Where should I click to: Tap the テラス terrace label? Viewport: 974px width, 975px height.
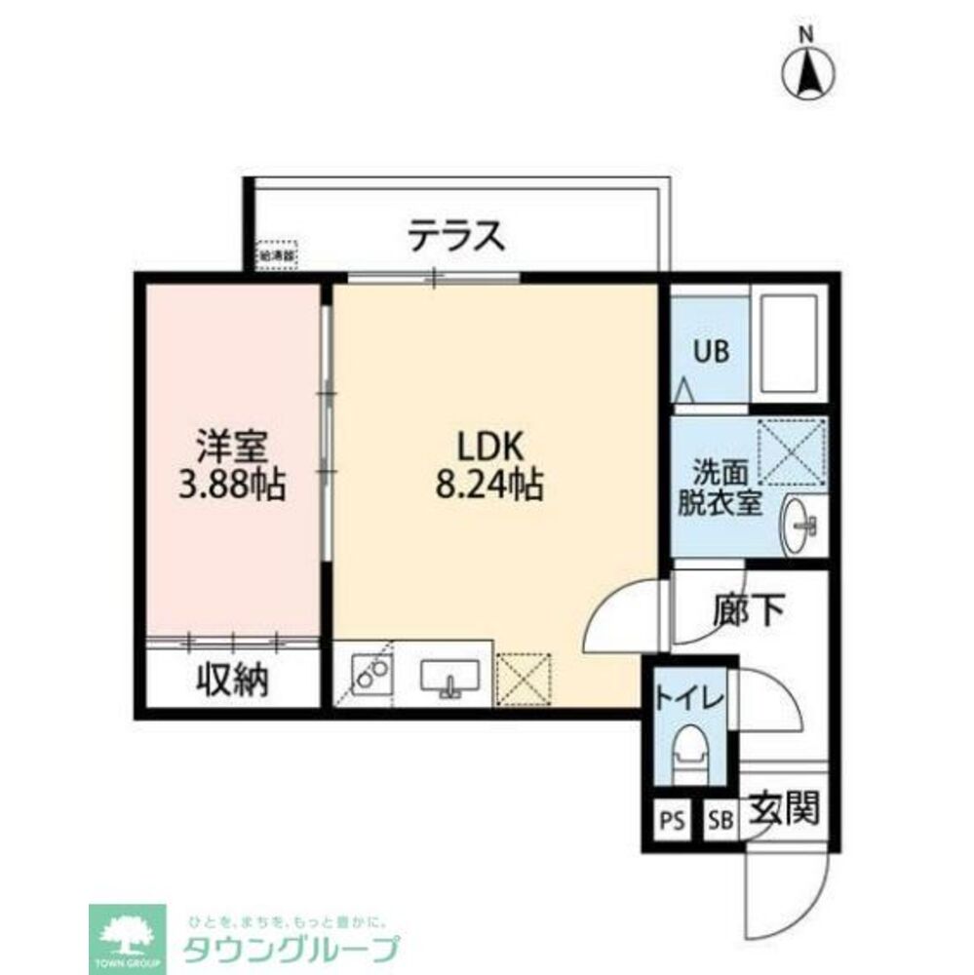(x=456, y=236)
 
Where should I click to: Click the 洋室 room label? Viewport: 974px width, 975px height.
(x=232, y=447)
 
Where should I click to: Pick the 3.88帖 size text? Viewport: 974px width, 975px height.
(x=232, y=484)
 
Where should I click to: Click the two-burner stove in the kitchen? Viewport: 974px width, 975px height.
(x=369, y=674)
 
